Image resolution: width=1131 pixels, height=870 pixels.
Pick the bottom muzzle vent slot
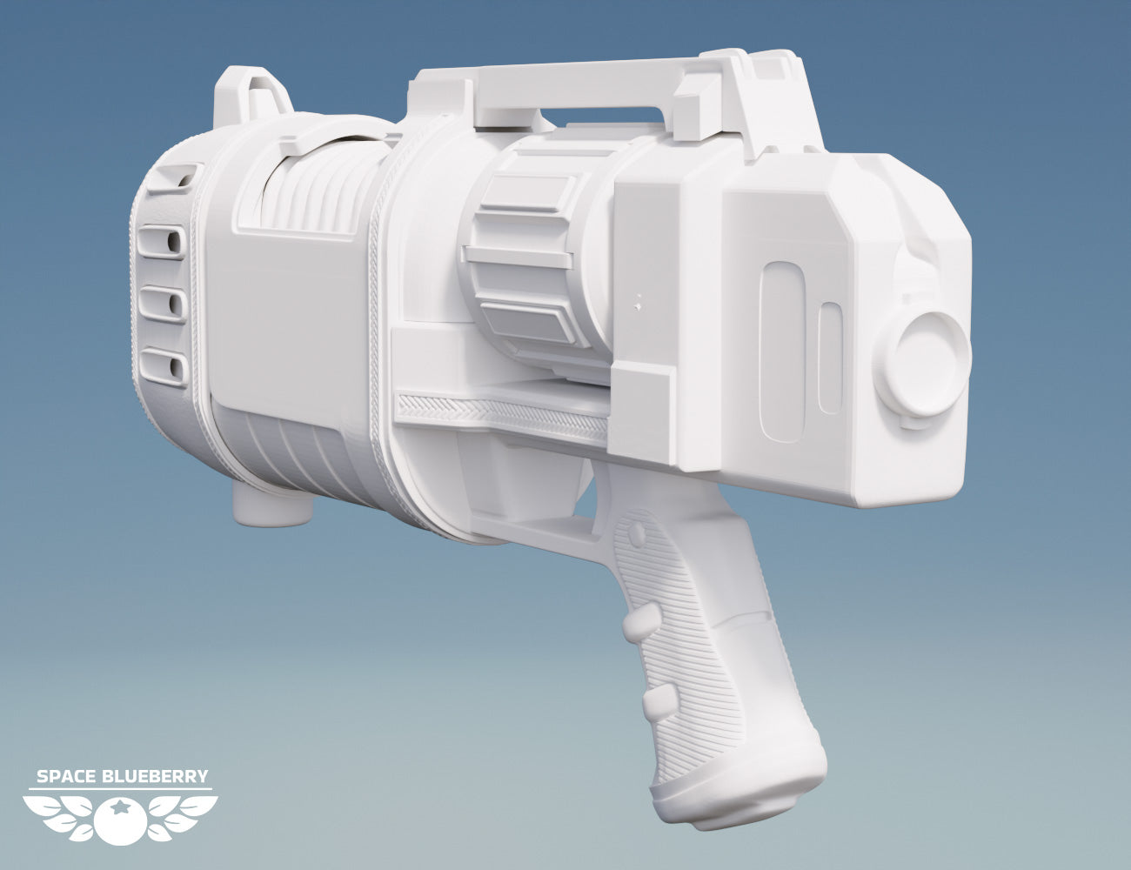(x=163, y=365)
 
